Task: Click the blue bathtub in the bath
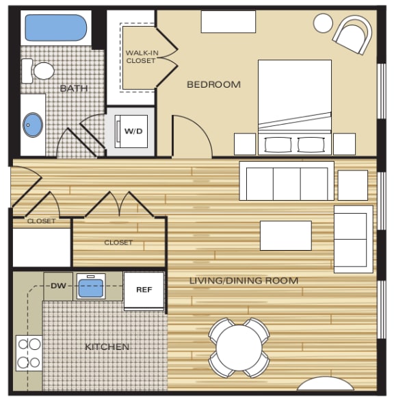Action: coord(53,27)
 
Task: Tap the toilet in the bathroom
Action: coord(42,69)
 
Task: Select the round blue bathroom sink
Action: coord(33,125)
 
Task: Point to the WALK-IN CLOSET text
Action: coord(140,56)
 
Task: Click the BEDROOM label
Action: coord(213,84)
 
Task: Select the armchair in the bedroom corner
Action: coord(354,34)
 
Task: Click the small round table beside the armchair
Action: coord(323,23)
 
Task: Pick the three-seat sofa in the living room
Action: coord(287,182)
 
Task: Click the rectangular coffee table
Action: coord(285,235)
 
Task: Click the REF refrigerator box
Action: coord(144,290)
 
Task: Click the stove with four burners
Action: coord(29,353)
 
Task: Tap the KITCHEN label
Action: coord(107,347)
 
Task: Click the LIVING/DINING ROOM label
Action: coord(244,280)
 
